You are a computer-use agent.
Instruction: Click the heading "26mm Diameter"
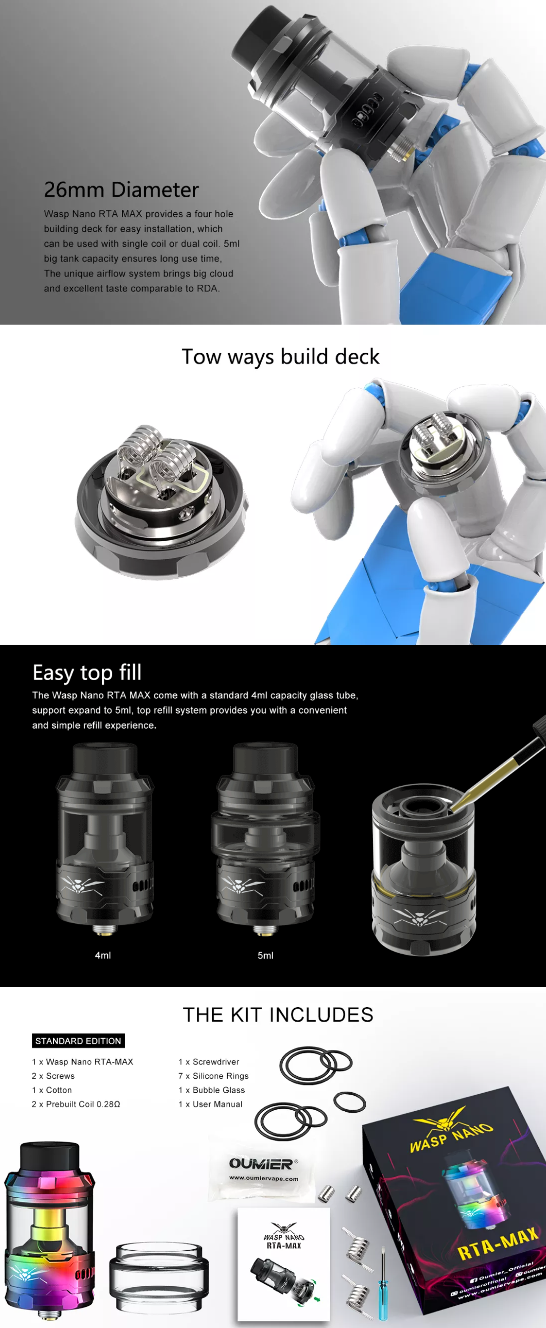coord(121,189)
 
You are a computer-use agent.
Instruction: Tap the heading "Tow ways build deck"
coord(281,357)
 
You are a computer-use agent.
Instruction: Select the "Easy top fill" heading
coord(87,673)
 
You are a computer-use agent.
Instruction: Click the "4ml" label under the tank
coord(103,955)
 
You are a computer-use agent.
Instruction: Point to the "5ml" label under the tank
coord(265,955)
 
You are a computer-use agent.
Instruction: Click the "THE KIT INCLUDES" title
coord(278,1014)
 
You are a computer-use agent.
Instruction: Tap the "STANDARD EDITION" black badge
coord(78,1041)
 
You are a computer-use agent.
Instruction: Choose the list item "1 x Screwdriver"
coord(209,1062)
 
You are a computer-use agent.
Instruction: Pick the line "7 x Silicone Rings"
coord(213,1076)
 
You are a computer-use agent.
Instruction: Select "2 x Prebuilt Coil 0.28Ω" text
coord(76,1104)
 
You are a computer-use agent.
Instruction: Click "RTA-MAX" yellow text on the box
coord(498,1244)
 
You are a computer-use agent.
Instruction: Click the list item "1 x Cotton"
coord(52,1090)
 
